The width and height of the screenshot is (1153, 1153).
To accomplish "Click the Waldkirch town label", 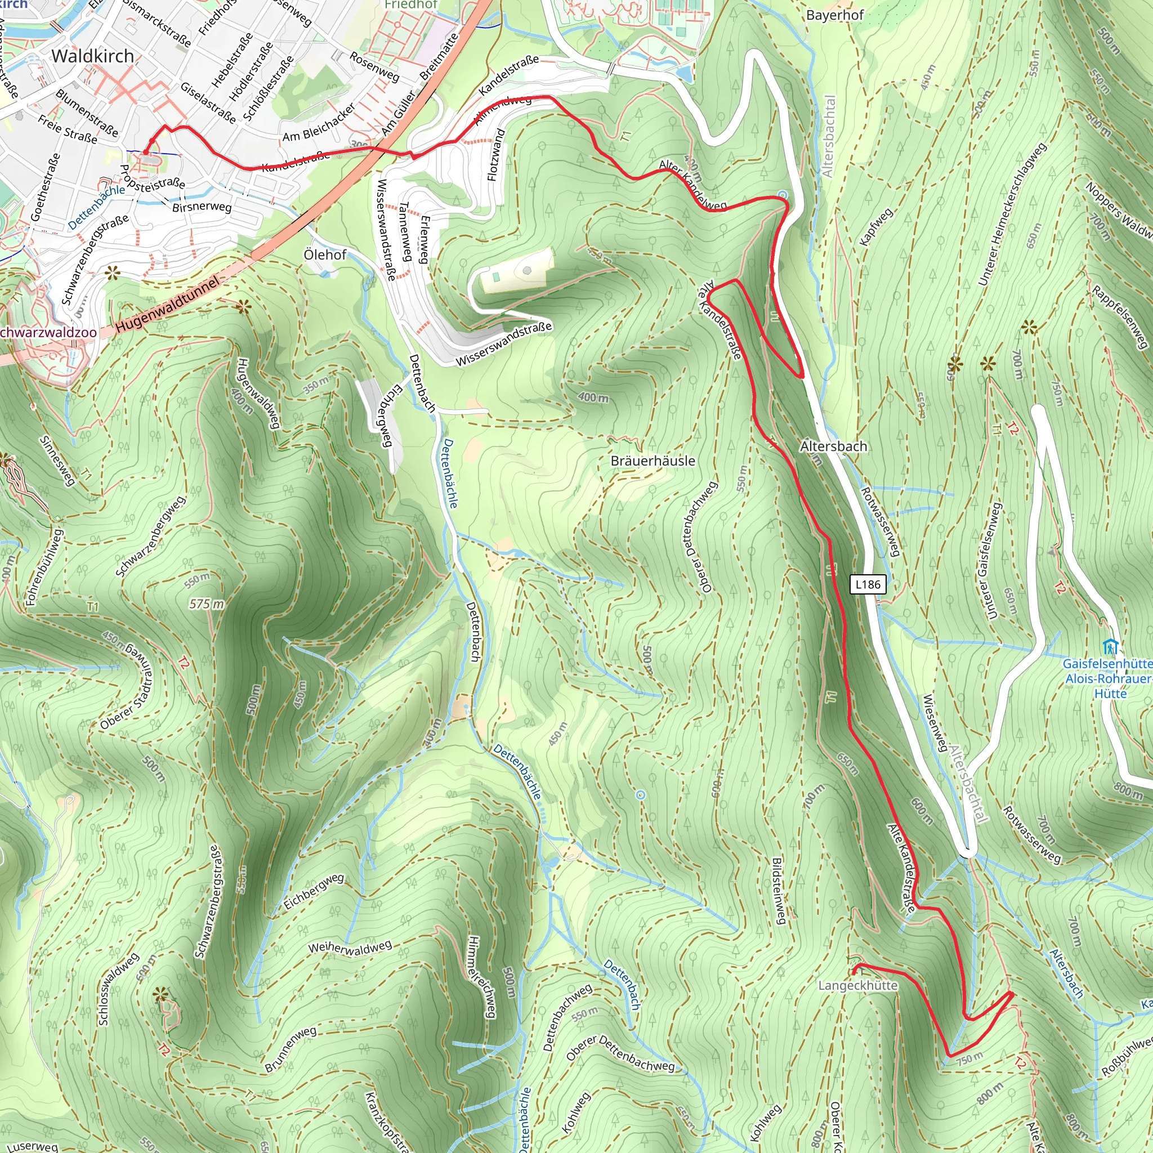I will tap(92, 56).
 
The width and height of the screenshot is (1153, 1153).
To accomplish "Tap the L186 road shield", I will tap(867, 584).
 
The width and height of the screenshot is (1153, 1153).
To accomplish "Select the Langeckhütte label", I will tap(857, 985).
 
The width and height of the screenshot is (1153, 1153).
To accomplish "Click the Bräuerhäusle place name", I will tap(653, 461).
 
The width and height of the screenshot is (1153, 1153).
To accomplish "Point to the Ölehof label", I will tap(325, 255).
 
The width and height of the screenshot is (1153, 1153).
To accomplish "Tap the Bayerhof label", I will tap(834, 15).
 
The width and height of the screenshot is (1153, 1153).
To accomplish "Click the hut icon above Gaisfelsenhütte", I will tap(1110, 646).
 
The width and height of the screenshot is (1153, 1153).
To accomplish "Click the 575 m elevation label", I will tap(207, 604).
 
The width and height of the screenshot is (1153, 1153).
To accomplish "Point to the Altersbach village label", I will tap(833, 446).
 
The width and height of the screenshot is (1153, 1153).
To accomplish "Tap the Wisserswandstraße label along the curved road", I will tap(504, 345).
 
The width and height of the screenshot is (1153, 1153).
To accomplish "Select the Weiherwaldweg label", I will tap(350, 947).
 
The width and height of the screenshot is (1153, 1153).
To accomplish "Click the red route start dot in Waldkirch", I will tap(145, 153).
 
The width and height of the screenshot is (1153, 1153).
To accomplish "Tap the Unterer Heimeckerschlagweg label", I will tap(1013, 214).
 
